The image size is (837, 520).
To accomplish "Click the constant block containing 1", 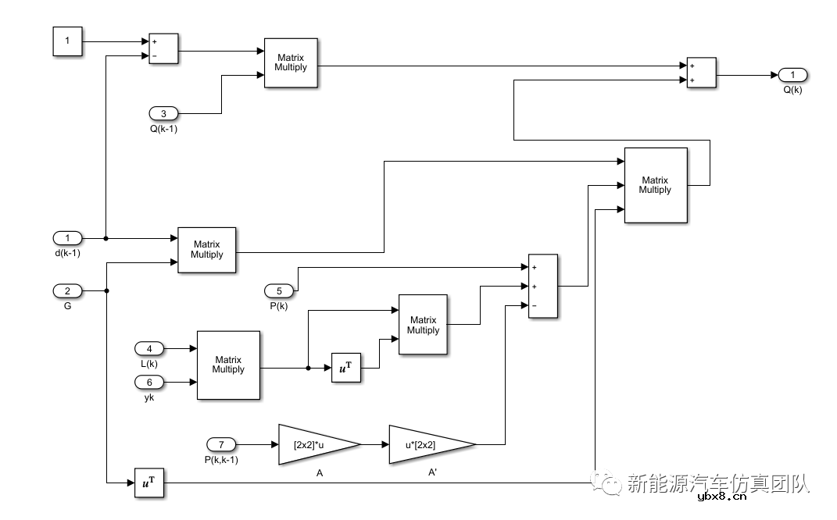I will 67,41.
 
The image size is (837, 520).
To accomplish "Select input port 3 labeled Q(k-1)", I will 163,113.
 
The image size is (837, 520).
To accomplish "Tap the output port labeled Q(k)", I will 792,75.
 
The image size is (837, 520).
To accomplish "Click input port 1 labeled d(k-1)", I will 67,237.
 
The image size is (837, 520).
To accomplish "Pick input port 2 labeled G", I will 67,290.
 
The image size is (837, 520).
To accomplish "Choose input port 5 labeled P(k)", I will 279,291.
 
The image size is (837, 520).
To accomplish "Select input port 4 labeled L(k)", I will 149,348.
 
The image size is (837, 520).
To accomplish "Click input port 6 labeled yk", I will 149,382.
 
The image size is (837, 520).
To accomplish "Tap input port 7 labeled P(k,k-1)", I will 221,444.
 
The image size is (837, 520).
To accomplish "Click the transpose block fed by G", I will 149,483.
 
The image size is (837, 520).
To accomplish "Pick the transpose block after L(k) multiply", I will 347,368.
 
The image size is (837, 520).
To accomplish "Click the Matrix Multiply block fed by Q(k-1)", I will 291,62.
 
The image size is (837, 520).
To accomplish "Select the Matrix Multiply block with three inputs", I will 655,185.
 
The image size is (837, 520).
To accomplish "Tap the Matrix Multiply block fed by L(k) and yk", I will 228,365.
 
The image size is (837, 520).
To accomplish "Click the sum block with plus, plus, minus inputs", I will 543,286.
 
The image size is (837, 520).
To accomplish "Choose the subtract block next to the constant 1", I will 163,48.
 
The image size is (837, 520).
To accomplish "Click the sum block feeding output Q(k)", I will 701,74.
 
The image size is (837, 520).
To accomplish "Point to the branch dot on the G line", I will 106,290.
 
